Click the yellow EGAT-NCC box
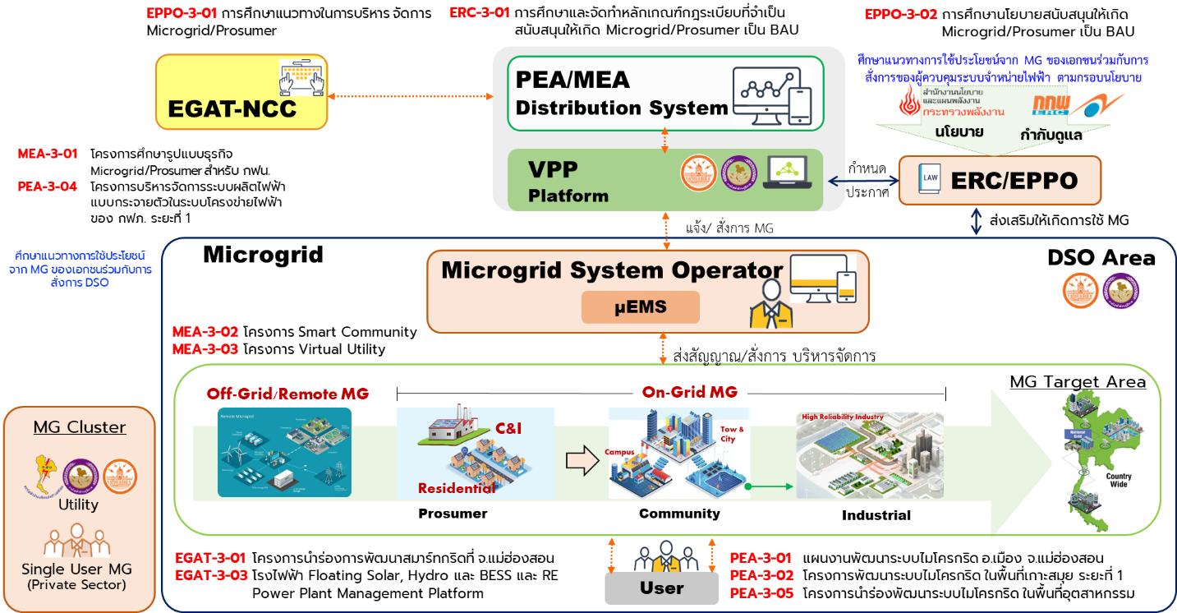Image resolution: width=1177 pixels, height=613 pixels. click(241, 92)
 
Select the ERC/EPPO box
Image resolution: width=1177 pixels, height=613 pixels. click(999, 180)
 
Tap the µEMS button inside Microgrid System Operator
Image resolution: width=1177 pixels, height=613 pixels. click(640, 307)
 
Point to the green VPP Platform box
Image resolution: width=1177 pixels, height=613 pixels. click(664, 181)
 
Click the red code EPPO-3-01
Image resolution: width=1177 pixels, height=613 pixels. click(182, 13)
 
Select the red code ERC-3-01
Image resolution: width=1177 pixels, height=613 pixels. click(480, 12)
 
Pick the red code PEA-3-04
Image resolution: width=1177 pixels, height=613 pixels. click(48, 187)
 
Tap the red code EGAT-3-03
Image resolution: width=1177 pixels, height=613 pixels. click(211, 574)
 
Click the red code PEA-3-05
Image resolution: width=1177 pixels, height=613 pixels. click(761, 592)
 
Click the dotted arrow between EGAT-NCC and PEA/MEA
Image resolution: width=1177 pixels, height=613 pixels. click(410, 97)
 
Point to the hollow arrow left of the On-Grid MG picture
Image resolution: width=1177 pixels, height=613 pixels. click(582, 462)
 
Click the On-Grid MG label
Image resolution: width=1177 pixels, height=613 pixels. click(690, 392)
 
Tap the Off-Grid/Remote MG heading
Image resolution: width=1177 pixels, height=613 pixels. click(287, 394)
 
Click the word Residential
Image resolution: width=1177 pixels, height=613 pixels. click(457, 488)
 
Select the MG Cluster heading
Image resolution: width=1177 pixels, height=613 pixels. click(80, 427)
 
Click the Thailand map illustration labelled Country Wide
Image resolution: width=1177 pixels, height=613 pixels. click(1098, 462)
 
